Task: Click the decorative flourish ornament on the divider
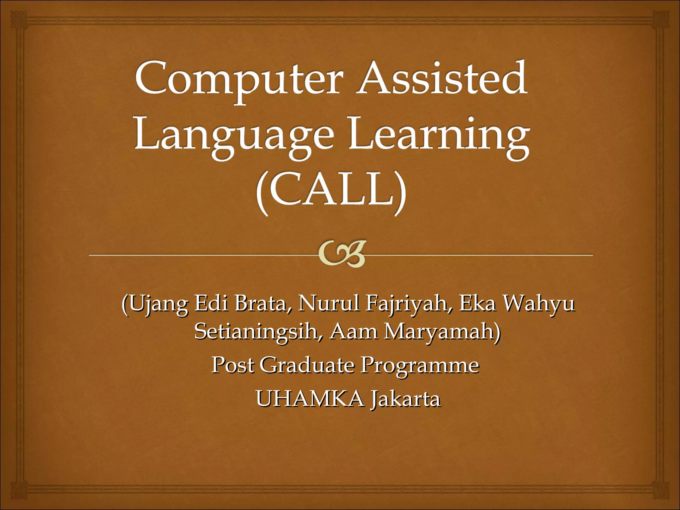342,254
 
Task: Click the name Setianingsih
258,332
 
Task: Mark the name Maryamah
442,332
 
